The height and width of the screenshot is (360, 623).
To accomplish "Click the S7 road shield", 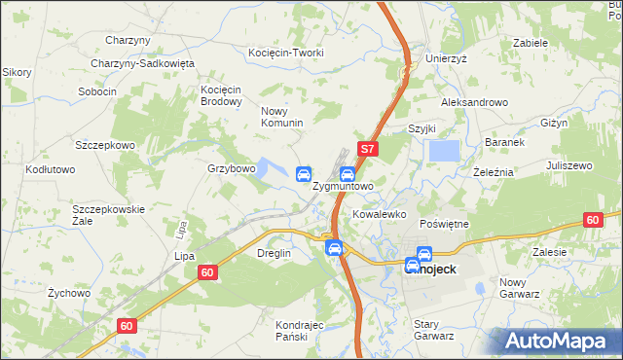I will (367, 150).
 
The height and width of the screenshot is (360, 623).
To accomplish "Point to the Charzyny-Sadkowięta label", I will (143, 63).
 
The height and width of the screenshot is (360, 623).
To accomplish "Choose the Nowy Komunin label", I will (282, 117).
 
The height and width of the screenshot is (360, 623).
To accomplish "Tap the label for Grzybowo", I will (231, 168).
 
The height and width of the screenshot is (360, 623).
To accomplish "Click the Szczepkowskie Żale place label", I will (108, 214).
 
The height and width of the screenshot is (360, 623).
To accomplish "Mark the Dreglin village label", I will (274, 253).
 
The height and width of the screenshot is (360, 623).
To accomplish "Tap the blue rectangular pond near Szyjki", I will (445, 152).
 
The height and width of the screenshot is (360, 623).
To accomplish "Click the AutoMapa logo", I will (558, 341).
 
